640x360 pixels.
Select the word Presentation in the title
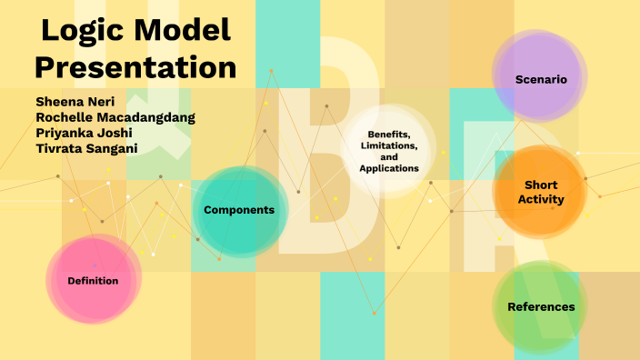pos(136,68)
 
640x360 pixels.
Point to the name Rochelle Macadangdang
pos(115,116)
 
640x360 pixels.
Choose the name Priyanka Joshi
pos(84,132)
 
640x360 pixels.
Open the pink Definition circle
pos(93,280)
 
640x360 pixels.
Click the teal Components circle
pos(239,210)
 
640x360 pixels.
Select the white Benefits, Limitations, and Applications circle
pos(388,151)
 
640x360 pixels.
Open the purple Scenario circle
pos(541,79)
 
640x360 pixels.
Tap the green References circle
pos(541,306)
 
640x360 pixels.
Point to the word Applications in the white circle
pos(388,168)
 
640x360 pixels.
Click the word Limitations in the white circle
pos(388,145)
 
